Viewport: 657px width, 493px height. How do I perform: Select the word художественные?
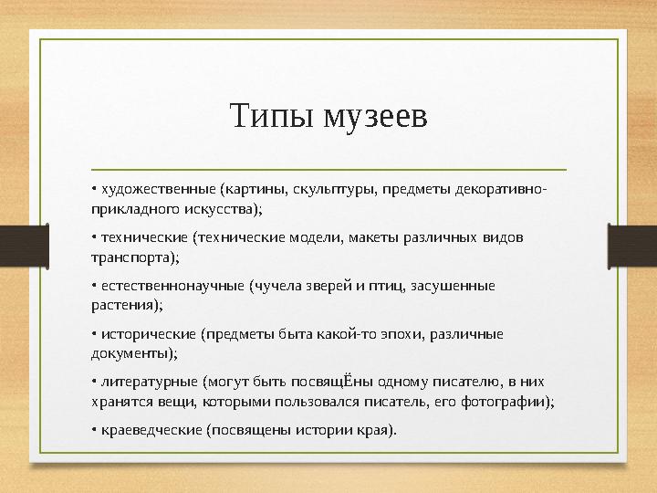click(x=157, y=191)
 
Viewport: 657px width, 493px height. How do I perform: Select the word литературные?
click(x=149, y=381)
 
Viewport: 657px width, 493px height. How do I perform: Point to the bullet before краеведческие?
click(x=94, y=429)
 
